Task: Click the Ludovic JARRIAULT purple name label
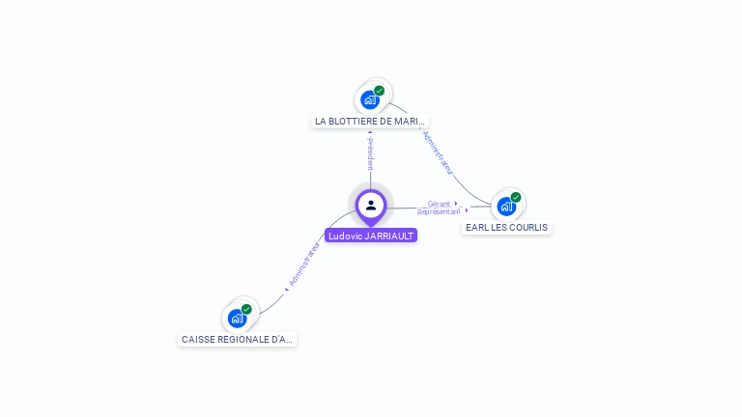coord(371,236)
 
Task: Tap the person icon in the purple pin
coord(371,205)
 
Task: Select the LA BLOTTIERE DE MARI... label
coord(370,122)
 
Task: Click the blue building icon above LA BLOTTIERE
coord(370,99)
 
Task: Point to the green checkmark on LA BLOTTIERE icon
coord(380,91)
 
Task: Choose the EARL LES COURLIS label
coord(506,228)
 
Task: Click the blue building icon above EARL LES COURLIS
coord(506,206)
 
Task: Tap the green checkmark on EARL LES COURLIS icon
coord(516,197)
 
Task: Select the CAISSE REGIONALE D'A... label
coord(238,340)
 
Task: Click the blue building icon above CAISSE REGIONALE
coord(237,318)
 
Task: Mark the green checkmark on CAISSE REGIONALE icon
coord(246,309)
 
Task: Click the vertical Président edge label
coord(370,153)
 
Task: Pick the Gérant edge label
coord(440,204)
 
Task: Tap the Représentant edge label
coord(439,210)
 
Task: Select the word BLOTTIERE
coord(351,122)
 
